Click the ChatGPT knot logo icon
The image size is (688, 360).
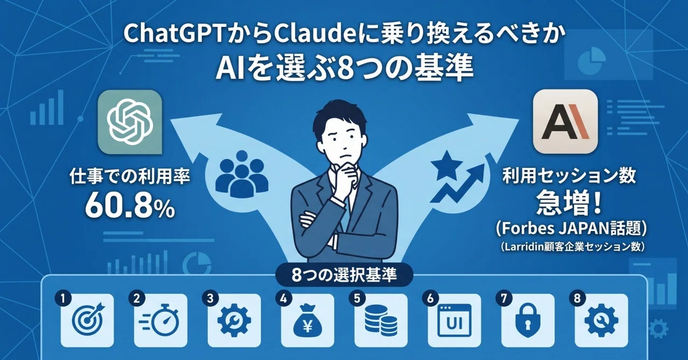click(130, 123)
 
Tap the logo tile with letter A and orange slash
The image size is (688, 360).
click(565, 121)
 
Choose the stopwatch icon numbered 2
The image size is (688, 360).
click(159, 320)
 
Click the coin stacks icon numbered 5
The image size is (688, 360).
click(381, 320)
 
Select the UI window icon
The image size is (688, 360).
click(454, 320)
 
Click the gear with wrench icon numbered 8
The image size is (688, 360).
click(601, 321)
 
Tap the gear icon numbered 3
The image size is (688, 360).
click(234, 320)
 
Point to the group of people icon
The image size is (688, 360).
click(241, 175)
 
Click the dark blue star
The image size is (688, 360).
click(447, 165)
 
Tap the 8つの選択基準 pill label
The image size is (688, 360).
click(343, 275)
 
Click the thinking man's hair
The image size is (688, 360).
click(340, 116)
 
